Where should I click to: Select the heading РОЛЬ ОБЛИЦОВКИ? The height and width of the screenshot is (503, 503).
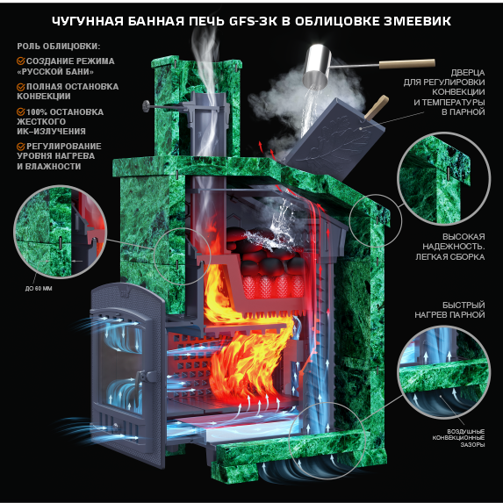coord(59,47)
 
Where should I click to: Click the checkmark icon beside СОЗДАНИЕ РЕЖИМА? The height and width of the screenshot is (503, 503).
coord(21,61)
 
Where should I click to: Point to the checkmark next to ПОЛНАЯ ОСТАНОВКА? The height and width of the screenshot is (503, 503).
coord(21,87)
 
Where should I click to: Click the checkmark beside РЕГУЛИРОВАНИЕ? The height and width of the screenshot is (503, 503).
coord(21,147)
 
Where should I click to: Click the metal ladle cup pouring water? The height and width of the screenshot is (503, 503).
coord(317,67)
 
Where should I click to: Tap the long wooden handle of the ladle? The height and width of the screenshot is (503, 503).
coord(406,64)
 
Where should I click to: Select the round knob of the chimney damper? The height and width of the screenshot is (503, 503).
coord(147,106)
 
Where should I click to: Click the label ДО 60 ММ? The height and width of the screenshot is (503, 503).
coord(39,289)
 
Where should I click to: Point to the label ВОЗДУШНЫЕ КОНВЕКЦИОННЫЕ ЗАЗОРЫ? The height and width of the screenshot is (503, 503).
coord(458,438)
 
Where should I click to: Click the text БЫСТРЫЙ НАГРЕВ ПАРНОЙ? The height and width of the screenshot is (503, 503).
coord(449,310)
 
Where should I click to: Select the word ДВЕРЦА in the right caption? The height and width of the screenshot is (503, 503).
coord(468,73)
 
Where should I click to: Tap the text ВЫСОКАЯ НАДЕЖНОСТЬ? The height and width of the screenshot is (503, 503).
coord(453,242)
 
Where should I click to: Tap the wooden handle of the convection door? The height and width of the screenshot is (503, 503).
coord(377,106)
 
